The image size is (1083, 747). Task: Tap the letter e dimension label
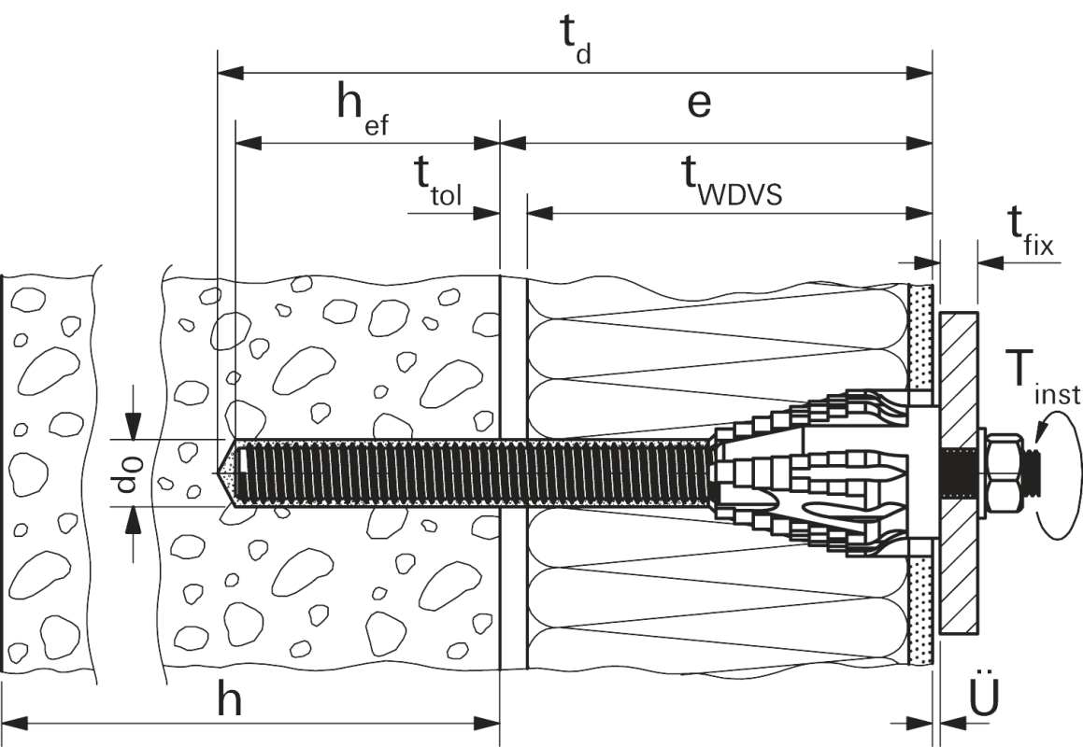click(698, 104)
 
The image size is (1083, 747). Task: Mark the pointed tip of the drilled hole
click(223, 473)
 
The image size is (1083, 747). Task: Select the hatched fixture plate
click(959, 472)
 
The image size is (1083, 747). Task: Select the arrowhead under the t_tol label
click(488, 213)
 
